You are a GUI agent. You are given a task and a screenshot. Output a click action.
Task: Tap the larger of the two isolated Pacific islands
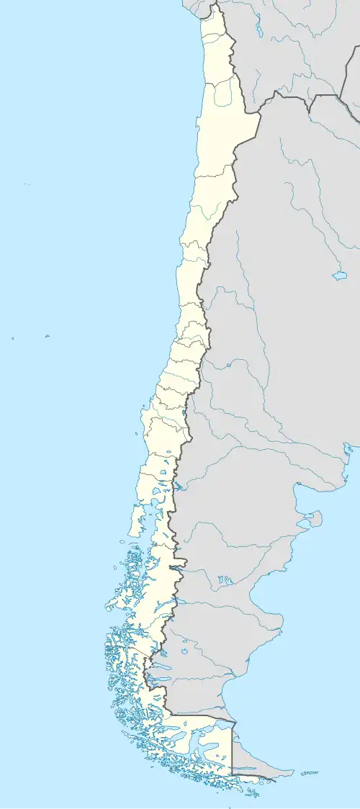point(47,335)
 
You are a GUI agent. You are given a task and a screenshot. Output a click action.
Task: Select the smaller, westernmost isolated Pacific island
point(13,338)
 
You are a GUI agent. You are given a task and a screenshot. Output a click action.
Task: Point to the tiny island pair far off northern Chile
point(27,184)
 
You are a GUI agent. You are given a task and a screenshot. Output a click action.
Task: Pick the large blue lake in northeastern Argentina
point(339,275)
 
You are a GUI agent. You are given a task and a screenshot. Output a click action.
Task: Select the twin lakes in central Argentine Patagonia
point(225,579)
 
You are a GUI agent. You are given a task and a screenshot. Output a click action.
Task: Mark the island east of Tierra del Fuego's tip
point(309,773)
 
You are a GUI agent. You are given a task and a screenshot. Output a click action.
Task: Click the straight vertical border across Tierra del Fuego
point(232,749)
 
